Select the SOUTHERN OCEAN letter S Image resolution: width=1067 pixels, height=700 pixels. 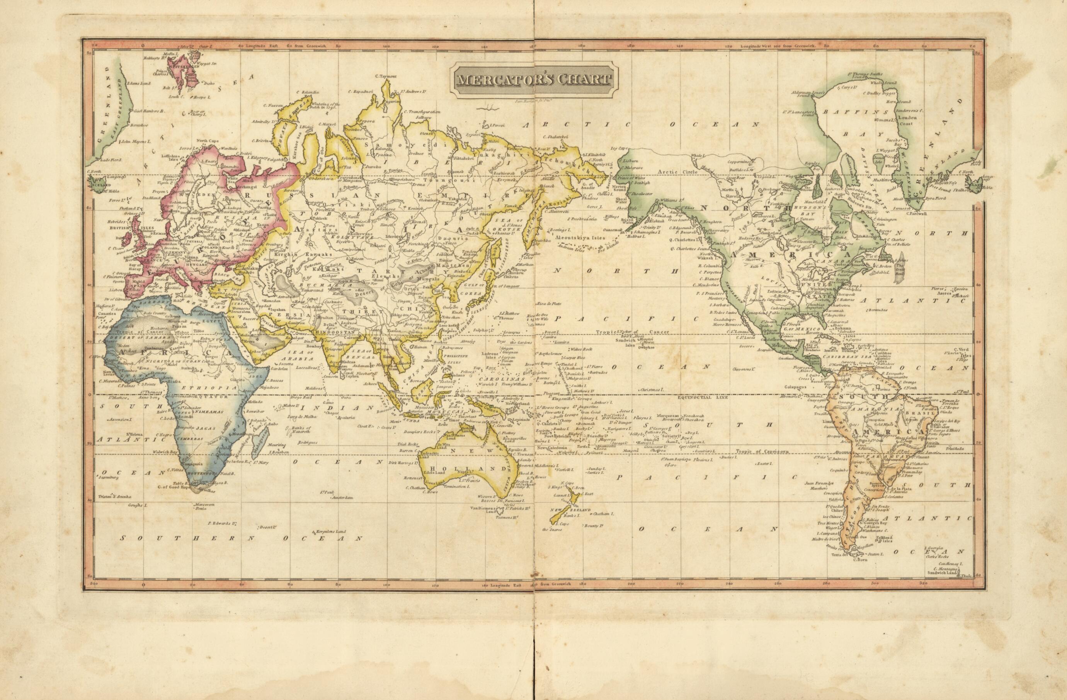coord(127,538)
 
